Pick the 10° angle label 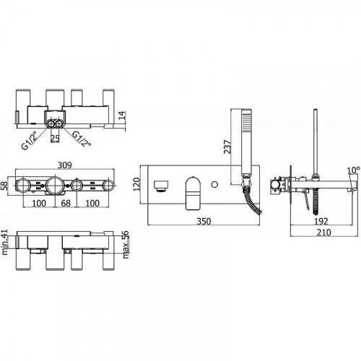coord(352,171)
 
